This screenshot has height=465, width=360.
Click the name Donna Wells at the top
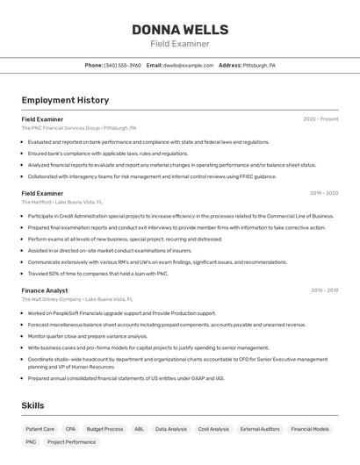180,30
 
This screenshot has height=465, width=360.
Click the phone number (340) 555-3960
123,65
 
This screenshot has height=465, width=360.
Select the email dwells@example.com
188,65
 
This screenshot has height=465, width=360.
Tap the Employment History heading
65,100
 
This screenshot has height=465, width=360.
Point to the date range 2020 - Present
320,118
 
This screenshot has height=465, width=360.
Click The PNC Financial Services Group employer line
79,128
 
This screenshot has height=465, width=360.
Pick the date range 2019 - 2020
323,193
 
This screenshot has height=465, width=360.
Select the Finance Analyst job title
45,290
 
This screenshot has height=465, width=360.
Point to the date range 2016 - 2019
323,290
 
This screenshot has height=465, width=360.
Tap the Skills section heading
32,405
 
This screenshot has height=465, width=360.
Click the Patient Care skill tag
40,429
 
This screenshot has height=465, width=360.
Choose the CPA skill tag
70,429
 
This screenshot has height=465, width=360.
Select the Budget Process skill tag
104,429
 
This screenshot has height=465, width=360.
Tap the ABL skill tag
139,429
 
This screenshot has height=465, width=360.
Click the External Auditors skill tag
260,429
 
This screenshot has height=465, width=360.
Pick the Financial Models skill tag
310,429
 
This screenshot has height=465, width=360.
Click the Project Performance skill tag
71,442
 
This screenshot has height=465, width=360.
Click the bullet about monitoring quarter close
88,336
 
